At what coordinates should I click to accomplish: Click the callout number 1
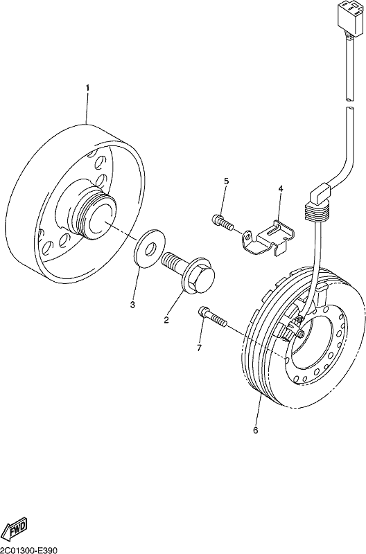pos(88,87)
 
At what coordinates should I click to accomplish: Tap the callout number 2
pos(166,320)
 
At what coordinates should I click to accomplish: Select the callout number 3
pos(132,305)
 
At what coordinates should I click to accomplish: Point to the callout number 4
pos(281,188)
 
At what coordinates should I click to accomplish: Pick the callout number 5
pos(226,181)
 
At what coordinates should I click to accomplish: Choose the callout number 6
pos(256,430)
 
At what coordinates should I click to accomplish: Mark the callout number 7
pos(199,348)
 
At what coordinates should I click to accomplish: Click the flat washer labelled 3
pos(150,248)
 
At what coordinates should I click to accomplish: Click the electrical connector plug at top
pos(349,17)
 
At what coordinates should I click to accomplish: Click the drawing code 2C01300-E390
pos(28,550)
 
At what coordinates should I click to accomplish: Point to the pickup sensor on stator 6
pos(293,328)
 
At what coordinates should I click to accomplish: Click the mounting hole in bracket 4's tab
pos(249,235)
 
